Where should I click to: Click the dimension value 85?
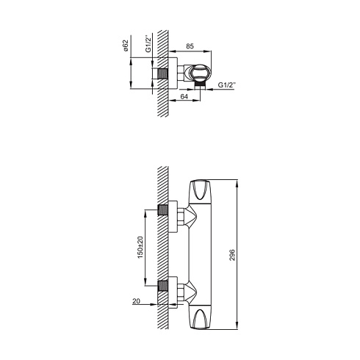click(x=190, y=46)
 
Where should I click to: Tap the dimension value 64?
click(x=184, y=97)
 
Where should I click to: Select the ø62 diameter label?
click(x=126, y=46)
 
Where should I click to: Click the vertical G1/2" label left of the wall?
click(x=148, y=44)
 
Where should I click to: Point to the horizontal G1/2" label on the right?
click(x=227, y=85)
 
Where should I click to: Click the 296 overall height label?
click(x=232, y=255)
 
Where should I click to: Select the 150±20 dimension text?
click(x=140, y=248)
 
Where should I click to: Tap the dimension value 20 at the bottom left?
click(x=136, y=301)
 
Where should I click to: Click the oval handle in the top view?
click(x=200, y=73)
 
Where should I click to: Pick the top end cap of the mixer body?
click(x=201, y=192)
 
